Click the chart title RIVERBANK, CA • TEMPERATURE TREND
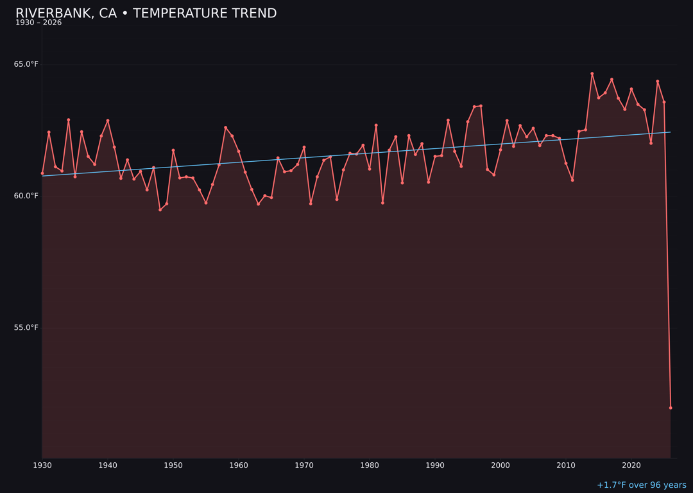pyautogui.click(x=146, y=13)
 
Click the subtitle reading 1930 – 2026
pyautogui.click(x=38, y=23)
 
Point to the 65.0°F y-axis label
pyautogui.click(x=26, y=64)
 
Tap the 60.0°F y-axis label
pyautogui.click(x=26, y=196)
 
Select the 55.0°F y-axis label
pyautogui.click(x=26, y=327)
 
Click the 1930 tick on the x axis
pyautogui.click(x=42, y=465)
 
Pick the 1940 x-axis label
pyautogui.click(x=108, y=465)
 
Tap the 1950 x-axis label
pyautogui.click(x=173, y=465)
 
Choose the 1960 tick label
pyautogui.click(x=239, y=465)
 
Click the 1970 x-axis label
pyautogui.click(x=304, y=465)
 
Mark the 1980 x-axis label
pyautogui.click(x=370, y=465)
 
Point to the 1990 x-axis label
pyautogui.click(x=435, y=465)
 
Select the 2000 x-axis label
pyautogui.click(x=501, y=465)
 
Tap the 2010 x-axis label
pyautogui.click(x=566, y=465)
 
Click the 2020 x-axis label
pyautogui.click(x=631, y=465)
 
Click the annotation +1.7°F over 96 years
pyautogui.click(x=641, y=485)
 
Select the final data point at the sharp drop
pyautogui.click(x=671, y=408)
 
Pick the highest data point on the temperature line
pyautogui.click(x=592, y=74)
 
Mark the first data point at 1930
pyautogui.click(x=42, y=173)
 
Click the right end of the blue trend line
pyautogui.click(x=671, y=132)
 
